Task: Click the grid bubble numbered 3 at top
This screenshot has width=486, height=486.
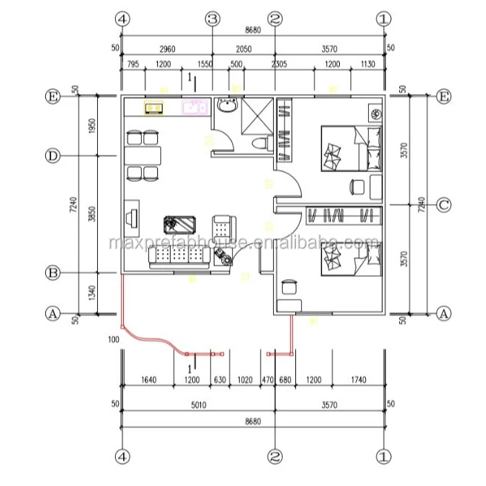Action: (x=213, y=19)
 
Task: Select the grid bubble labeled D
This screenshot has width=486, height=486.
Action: (x=53, y=156)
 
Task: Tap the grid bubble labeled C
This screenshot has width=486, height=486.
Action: (x=443, y=205)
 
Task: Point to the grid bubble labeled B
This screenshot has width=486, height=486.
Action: (x=53, y=273)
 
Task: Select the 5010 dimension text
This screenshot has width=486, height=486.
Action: (x=197, y=405)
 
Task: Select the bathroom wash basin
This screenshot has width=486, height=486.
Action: (x=226, y=109)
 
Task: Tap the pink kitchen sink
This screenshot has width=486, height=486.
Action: (x=194, y=108)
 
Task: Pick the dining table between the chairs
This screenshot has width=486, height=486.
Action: (x=142, y=156)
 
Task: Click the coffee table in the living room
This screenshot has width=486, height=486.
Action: (x=180, y=223)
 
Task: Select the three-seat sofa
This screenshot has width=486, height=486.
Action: (x=178, y=256)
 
